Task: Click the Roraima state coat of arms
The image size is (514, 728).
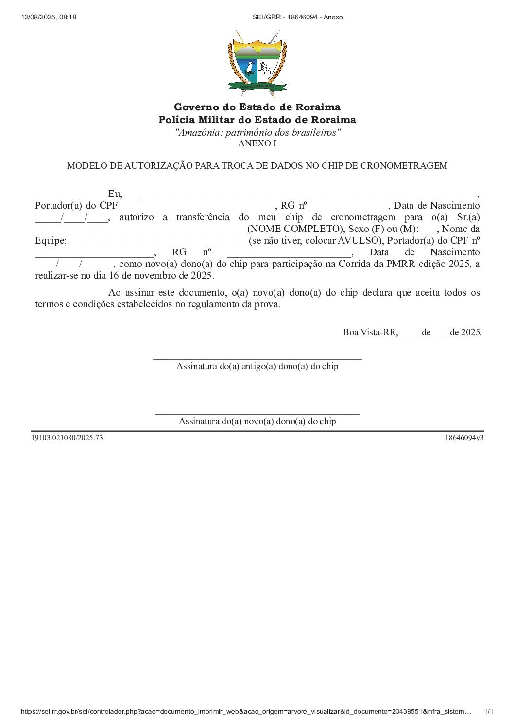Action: [x=257, y=63]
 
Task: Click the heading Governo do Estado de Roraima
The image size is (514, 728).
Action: [x=257, y=107]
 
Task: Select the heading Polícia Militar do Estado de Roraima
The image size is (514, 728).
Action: [x=257, y=120]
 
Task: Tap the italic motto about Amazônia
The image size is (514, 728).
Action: [x=257, y=132]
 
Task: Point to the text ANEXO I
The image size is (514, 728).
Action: [x=257, y=143]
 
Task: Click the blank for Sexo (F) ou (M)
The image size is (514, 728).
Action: [x=429, y=231]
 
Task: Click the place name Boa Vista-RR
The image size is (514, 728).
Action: [x=370, y=333]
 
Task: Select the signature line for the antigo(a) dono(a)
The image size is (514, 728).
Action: [x=257, y=358]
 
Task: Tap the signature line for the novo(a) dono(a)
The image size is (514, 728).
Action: [x=257, y=413]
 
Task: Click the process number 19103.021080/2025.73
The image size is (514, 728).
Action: [x=67, y=438]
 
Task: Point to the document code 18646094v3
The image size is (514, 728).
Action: [x=464, y=438]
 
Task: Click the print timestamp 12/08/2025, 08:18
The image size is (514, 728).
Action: [x=49, y=17]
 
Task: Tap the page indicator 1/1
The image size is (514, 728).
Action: [x=489, y=712]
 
